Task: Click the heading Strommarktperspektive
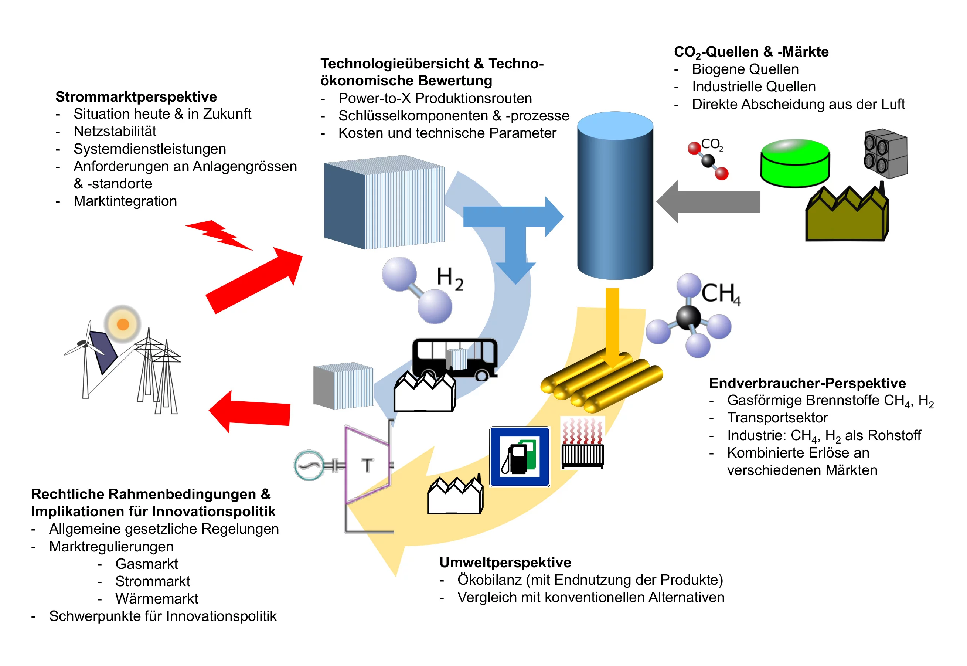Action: [x=136, y=97]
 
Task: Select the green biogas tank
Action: [x=795, y=163]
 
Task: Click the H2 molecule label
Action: [x=450, y=279]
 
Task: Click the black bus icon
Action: [x=455, y=357]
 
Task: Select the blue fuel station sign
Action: [x=520, y=456]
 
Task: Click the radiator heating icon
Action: [x=582, y=443]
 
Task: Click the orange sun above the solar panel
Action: [x=123, y=324]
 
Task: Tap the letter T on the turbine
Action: [x=367, y=465]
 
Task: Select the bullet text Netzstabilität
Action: [x=115, y=132]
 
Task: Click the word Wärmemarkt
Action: [x=157, y=598]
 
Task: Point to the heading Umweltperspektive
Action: [x=505, y=563]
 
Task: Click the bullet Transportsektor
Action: [x=777, y=418]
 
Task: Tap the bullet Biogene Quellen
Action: [x=745, y=69]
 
